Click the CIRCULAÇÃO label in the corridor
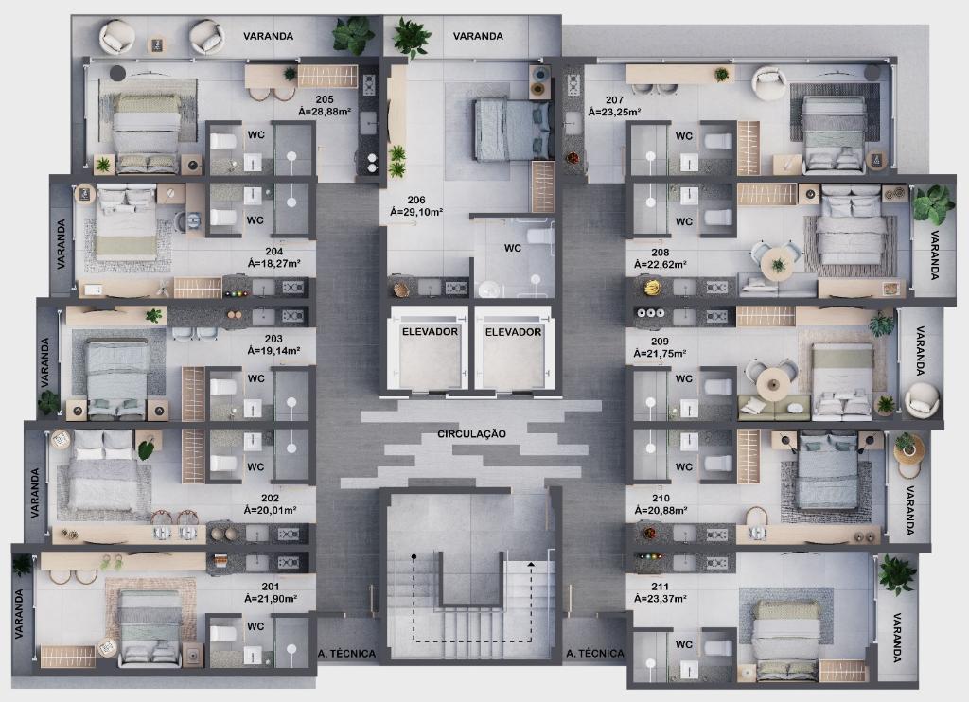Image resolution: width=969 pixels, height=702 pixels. click(x=471, y=434)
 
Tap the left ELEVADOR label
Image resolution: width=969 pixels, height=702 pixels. click(x=431, y=332)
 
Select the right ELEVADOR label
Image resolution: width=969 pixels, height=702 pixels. click(x=513, y=332)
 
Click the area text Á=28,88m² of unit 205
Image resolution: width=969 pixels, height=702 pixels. click(x=325, y=112)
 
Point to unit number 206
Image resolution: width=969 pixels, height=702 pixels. click(x=416, y=200)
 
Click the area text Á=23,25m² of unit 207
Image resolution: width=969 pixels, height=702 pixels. click(x=614, y=112)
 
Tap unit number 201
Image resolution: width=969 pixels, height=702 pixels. click(x=270, y=587)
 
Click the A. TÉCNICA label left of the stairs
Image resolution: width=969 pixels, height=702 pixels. click(x=346, y=653)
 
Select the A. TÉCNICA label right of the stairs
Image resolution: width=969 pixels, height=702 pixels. click(x=595, y=653)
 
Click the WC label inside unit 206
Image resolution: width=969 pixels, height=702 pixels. click(x=512, y=249)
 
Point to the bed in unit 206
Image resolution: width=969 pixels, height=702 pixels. click(x=512, y=131)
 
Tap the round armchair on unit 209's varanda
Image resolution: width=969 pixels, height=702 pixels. click(x=922, y=398)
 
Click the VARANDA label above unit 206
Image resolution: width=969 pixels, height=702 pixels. click(x=478, y=37)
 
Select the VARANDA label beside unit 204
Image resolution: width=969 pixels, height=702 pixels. click(x=62, y=244)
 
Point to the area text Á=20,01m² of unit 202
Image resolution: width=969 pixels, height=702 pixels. click(x=270, y=511)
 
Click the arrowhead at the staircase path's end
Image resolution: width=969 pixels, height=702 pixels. click(x=530, y=564)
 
